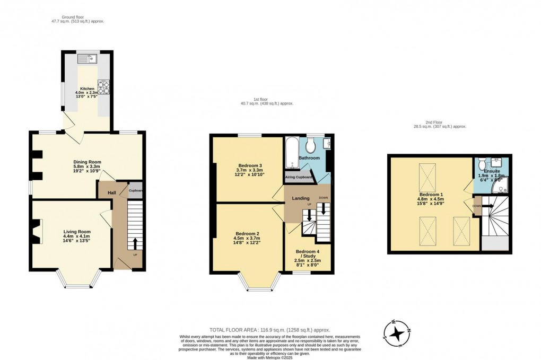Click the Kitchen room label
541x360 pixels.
[87, 89]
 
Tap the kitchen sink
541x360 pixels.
[88, 58]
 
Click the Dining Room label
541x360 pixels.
[87, 162]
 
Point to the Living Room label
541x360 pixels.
[77, 232]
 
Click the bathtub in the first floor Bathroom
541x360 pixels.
[291, 153]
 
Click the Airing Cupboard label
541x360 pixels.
[299, 177]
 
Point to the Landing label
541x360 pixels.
[301, 198]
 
